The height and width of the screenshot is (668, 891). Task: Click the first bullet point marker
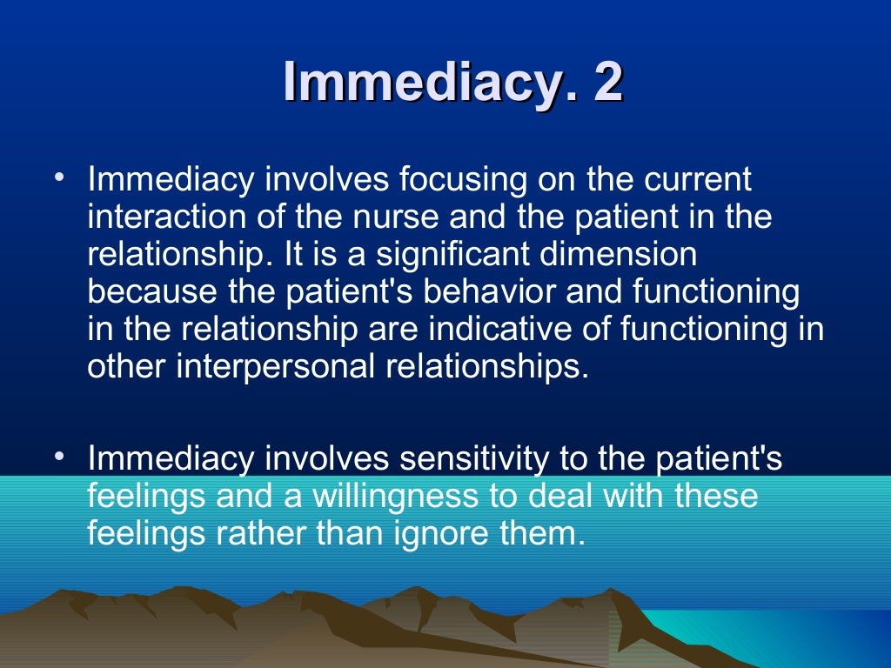tap(58, 179)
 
